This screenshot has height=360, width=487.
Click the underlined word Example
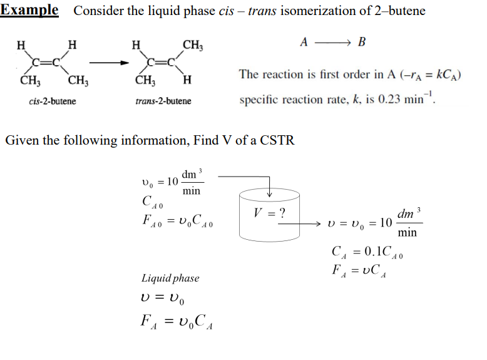click(x=29, y=11)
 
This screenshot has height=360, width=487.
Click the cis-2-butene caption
click(x=53, y=101)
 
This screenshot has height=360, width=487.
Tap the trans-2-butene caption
click(x=163, y=101)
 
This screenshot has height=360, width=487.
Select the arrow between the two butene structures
click(x=106, y=63)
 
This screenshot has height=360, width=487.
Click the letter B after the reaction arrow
click(x=362, y=43)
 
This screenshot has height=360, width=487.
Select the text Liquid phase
click(x=170, y=277)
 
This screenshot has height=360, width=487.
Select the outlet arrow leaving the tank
click(x=313, y=224)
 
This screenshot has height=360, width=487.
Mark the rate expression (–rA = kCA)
click(x=426, y=75)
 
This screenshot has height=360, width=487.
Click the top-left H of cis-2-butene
click(x=21, y=44)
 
